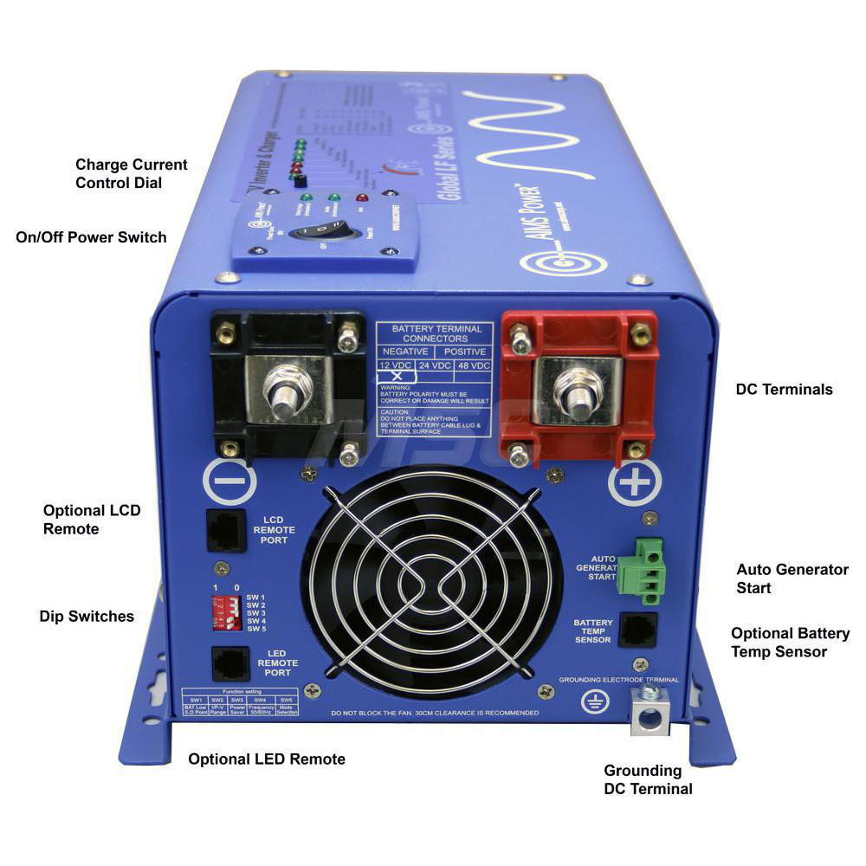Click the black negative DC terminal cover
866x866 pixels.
[288, 381]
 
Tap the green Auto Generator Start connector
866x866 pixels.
[638, 568]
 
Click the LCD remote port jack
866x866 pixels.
[223, 529]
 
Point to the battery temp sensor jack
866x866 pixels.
[640, 631]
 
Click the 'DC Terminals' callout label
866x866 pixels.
[784, 390]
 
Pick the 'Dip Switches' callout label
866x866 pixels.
[87, 617]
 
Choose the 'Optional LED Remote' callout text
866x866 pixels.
[267, 759]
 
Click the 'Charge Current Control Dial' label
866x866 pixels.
[132, 173]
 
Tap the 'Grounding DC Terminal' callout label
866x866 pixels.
[648, 779]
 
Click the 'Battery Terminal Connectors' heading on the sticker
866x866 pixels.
[435, 333]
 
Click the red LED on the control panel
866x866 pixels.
[361, 199]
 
